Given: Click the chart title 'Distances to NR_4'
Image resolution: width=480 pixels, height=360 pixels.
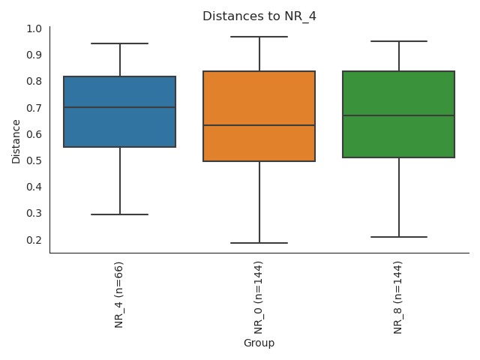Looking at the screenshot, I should [259, 16].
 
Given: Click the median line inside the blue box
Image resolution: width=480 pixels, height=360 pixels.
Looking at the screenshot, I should [120, 107].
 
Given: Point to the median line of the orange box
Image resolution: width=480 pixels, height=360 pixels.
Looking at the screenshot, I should [259, 125].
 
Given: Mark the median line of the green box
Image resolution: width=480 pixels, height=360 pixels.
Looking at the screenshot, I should [398, 115].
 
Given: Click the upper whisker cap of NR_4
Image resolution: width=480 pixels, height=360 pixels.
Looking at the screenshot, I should [120, 43].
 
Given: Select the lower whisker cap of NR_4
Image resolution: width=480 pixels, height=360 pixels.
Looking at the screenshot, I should [120, 214].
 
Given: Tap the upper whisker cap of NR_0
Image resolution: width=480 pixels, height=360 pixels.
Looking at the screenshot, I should [259, 37].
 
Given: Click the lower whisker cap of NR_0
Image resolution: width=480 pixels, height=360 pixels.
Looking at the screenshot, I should [259, 243].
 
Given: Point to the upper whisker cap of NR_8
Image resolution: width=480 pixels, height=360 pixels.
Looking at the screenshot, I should [398, 41].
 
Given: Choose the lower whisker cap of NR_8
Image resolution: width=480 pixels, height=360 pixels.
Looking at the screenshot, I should [398, 237].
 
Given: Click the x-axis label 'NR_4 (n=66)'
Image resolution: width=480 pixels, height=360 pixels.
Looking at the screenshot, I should [119, 295].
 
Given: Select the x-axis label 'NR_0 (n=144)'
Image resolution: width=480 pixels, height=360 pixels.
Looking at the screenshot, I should [259, 298].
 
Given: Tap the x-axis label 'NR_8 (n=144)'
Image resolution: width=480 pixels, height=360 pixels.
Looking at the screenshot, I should [398, 298].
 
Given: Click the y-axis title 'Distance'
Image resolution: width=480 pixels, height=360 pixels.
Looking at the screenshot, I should [16, 140].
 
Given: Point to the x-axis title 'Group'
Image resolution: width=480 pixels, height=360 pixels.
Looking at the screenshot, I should [259, 343].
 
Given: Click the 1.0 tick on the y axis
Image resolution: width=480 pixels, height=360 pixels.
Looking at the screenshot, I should [34, 28].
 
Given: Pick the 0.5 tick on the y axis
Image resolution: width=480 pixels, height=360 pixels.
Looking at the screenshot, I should [34, 160].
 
